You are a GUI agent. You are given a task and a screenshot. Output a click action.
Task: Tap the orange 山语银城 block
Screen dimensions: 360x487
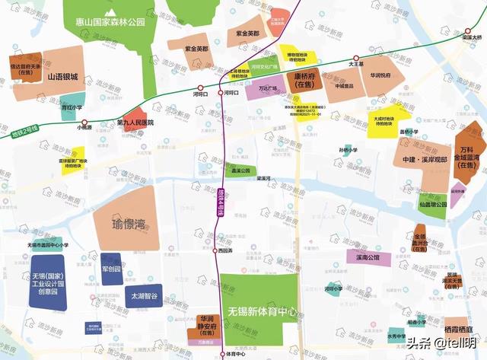(x=62, y=76)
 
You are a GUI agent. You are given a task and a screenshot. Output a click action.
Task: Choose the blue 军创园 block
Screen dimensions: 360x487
(x=111, y=269)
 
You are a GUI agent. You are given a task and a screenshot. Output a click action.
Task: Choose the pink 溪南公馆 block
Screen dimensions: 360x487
(x=368, y=259)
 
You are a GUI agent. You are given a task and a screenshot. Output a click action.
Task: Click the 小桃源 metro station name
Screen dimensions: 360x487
(x=84, y=128)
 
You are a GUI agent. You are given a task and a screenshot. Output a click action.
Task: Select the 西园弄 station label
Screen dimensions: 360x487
(x=223, y=250)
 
